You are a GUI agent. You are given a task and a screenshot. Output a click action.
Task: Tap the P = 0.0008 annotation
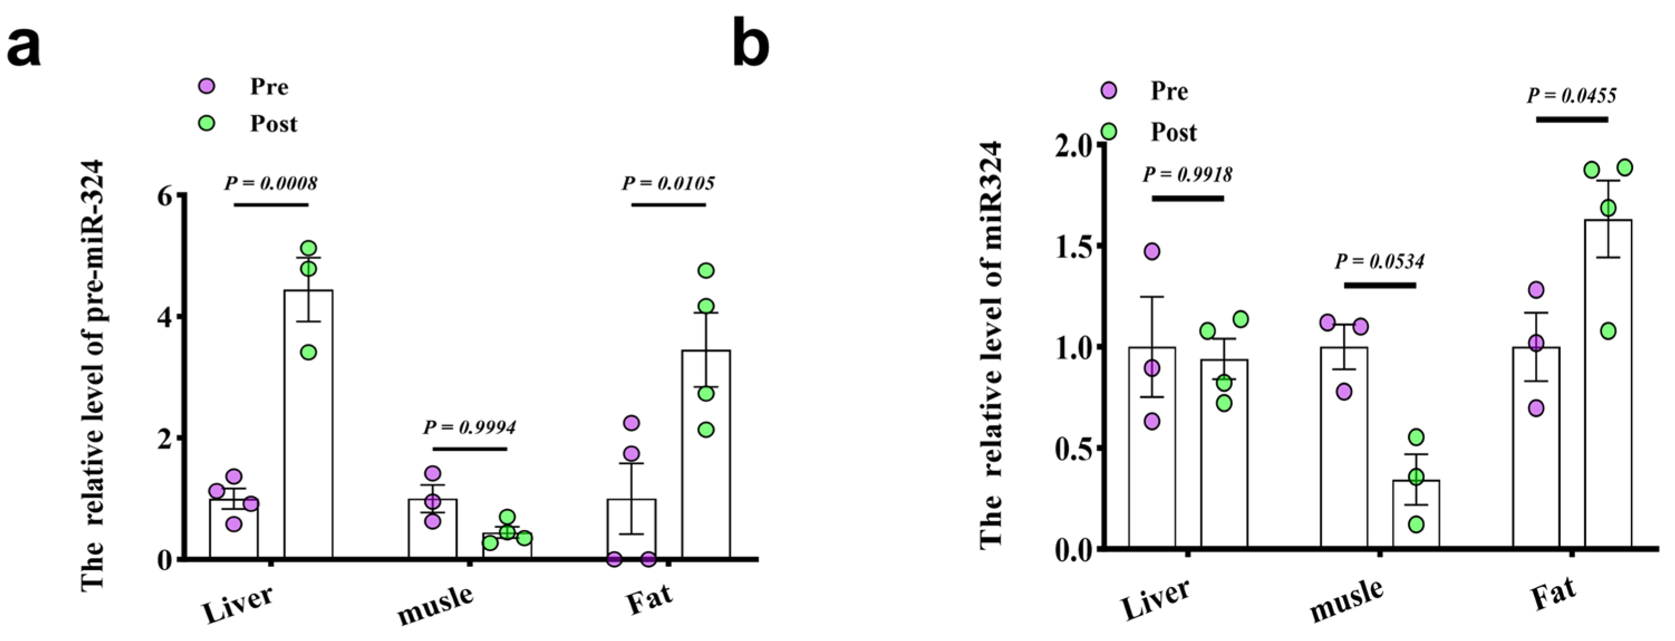(270, 183)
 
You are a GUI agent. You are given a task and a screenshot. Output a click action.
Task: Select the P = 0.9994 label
(469, 427)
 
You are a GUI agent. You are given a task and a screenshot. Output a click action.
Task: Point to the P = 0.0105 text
(668, 183)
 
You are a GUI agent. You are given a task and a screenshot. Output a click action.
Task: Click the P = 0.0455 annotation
(1571, 95)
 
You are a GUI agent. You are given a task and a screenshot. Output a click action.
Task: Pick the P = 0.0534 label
(1379, 261)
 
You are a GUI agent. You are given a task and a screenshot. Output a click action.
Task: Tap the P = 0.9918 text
(1187, 174)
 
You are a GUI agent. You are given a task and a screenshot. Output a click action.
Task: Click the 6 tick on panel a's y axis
(167, 195)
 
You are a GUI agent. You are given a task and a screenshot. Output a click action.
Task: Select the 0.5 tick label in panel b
(1074, 449)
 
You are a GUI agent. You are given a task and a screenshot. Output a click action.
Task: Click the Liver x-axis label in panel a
(238, 603)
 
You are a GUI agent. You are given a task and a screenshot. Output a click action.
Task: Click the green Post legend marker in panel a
(207, 123)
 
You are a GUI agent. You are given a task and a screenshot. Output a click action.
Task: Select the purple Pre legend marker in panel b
(1108, 91)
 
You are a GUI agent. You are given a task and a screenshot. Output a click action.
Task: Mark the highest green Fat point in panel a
(705, 270)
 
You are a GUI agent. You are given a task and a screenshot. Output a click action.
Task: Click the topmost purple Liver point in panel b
(1151, 251)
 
